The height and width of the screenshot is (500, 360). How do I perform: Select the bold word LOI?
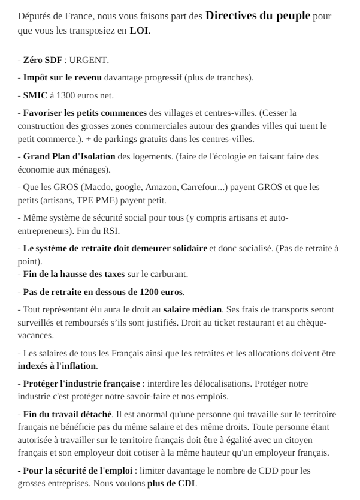coord(140,30)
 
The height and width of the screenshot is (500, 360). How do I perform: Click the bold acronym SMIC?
coord(35,95)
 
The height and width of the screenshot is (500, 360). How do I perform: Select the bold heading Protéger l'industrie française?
coord(80,382)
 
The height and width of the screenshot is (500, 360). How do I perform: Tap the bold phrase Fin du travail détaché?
coord(66,413)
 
